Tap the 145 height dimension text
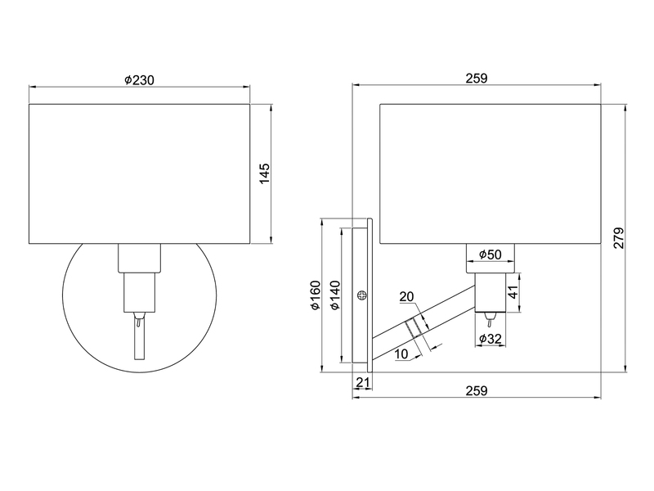click(x=264, y=173)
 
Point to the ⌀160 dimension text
click(x=315, y=295)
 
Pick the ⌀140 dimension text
click(x=334, y=295)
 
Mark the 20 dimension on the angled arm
click(x=408, y=297)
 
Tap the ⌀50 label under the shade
click(x=490, y=255)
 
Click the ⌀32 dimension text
click(x=490, y=338)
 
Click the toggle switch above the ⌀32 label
click(x=490, y=317)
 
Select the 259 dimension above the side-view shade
click(x=476, y=79)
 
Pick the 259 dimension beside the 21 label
click(x=476, y=390)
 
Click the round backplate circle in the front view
click(x=82, y=327)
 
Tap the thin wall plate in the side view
click(x=370, y=295)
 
